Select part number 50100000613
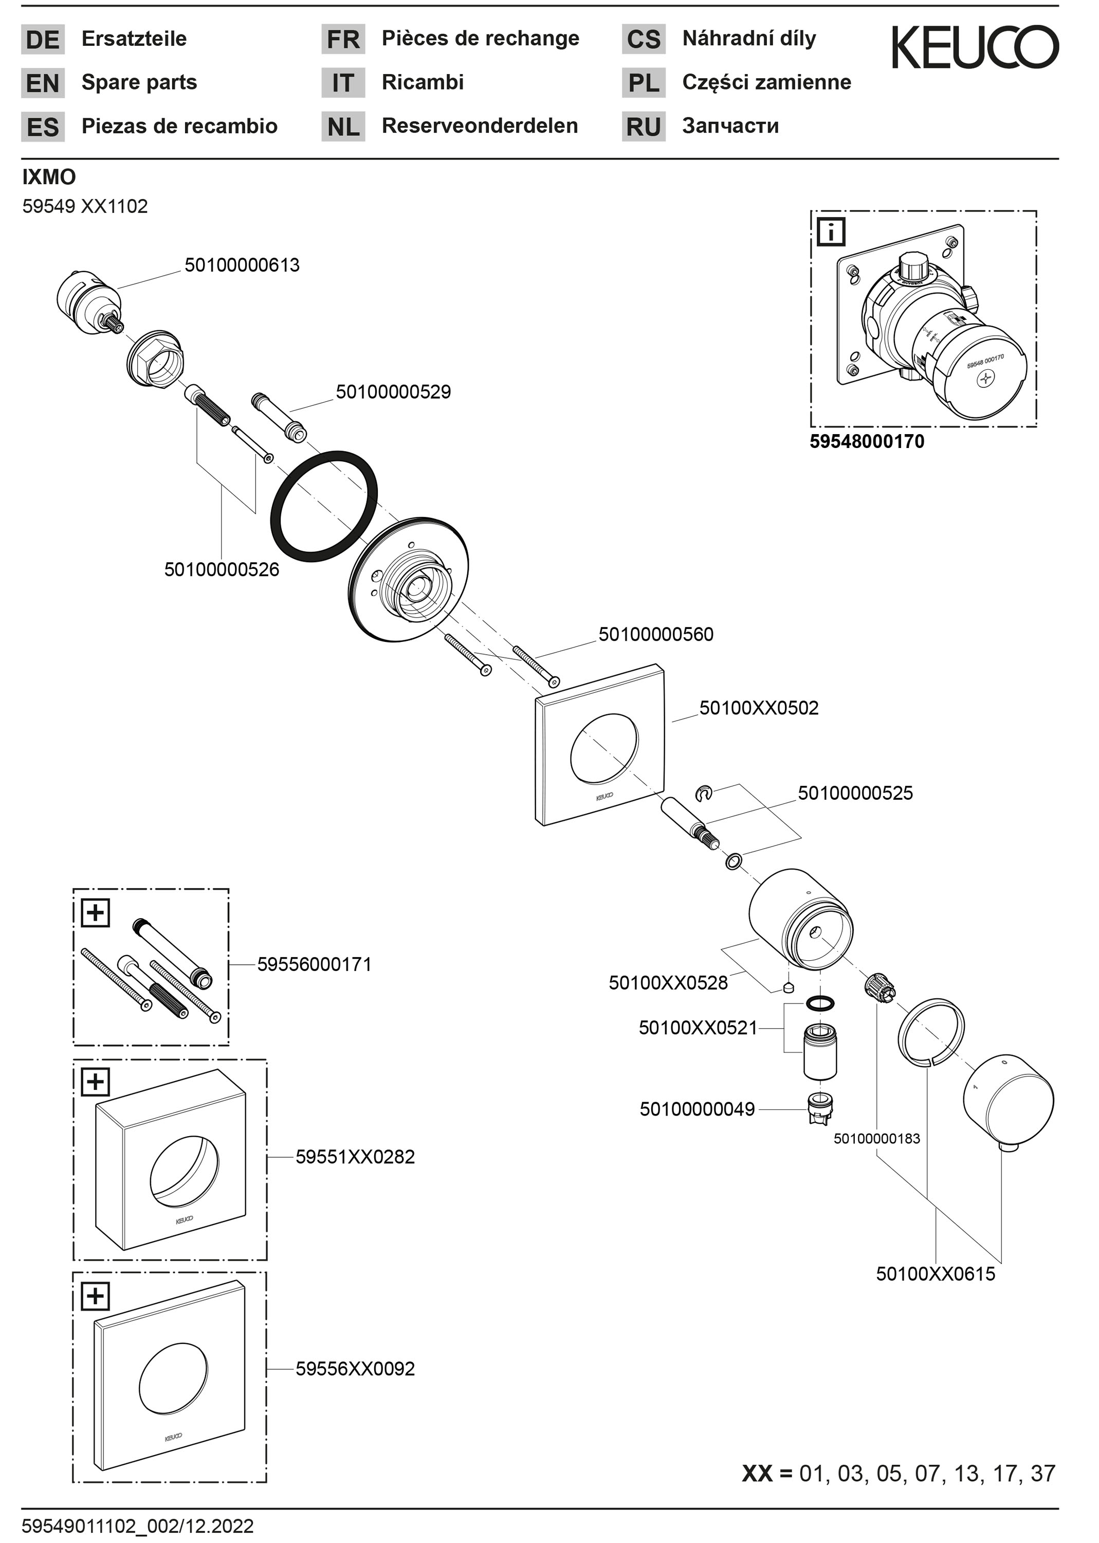tap(242, 265)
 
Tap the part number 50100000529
tap(393, 392)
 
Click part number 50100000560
tap(656, 634)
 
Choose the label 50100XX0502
tap(759, 708)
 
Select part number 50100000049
tap(697, 1109)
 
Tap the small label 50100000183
tap(876, 1139)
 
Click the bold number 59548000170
tap(867, 441)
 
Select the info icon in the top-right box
tap(831, 232)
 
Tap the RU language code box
tap(644, 127)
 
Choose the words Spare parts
tap(139, 83)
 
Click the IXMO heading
tap(49, 177)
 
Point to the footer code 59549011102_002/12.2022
tap(138, 1526)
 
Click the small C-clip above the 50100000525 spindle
tap(704, 792)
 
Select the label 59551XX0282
tap(355, 1157)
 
